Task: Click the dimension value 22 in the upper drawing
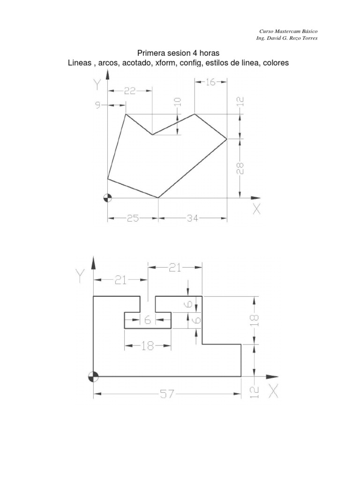tap(129, 91)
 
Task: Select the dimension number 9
tap(98, 105)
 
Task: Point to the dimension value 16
tap(210, 82)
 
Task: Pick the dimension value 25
tap(132, 218)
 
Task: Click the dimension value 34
tap(193, 218)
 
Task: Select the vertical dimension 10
tap(177, 102)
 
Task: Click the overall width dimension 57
tap(167, 395)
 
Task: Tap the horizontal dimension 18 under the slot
tap(147, 346)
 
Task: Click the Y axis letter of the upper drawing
tap(97, 84)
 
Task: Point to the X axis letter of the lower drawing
tap(273, 391)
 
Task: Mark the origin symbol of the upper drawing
tap(108, 198)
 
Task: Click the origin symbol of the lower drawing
tap(94, 376)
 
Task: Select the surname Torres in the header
tap(308, 38)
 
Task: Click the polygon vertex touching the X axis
tap(158, 198)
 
